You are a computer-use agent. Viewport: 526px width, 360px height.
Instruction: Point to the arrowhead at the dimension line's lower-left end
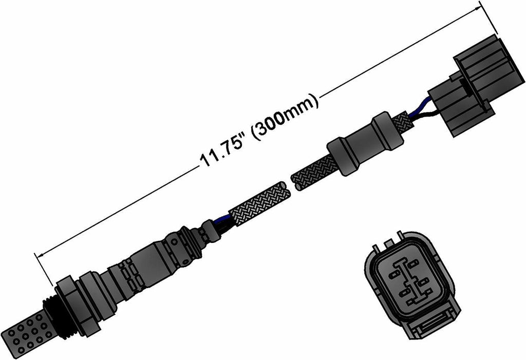pos(36,254)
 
